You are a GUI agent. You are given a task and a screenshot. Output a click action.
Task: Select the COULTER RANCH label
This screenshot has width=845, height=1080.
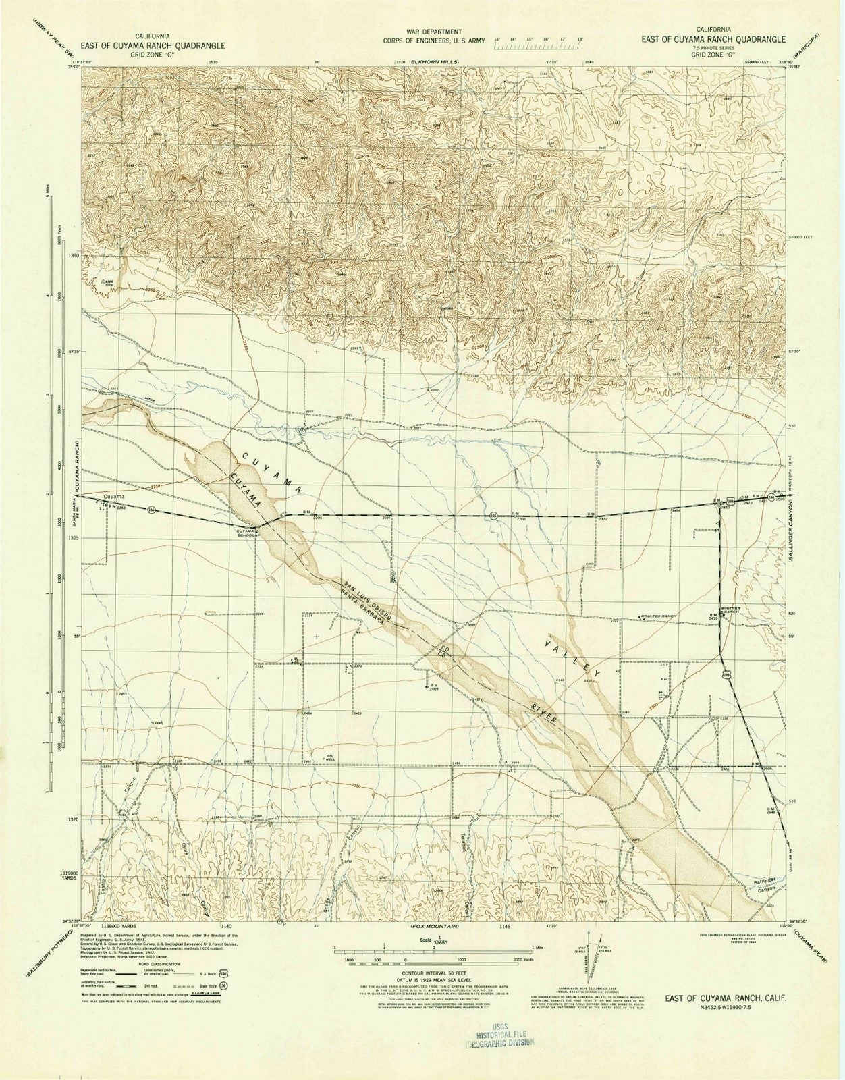(658, 616)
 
